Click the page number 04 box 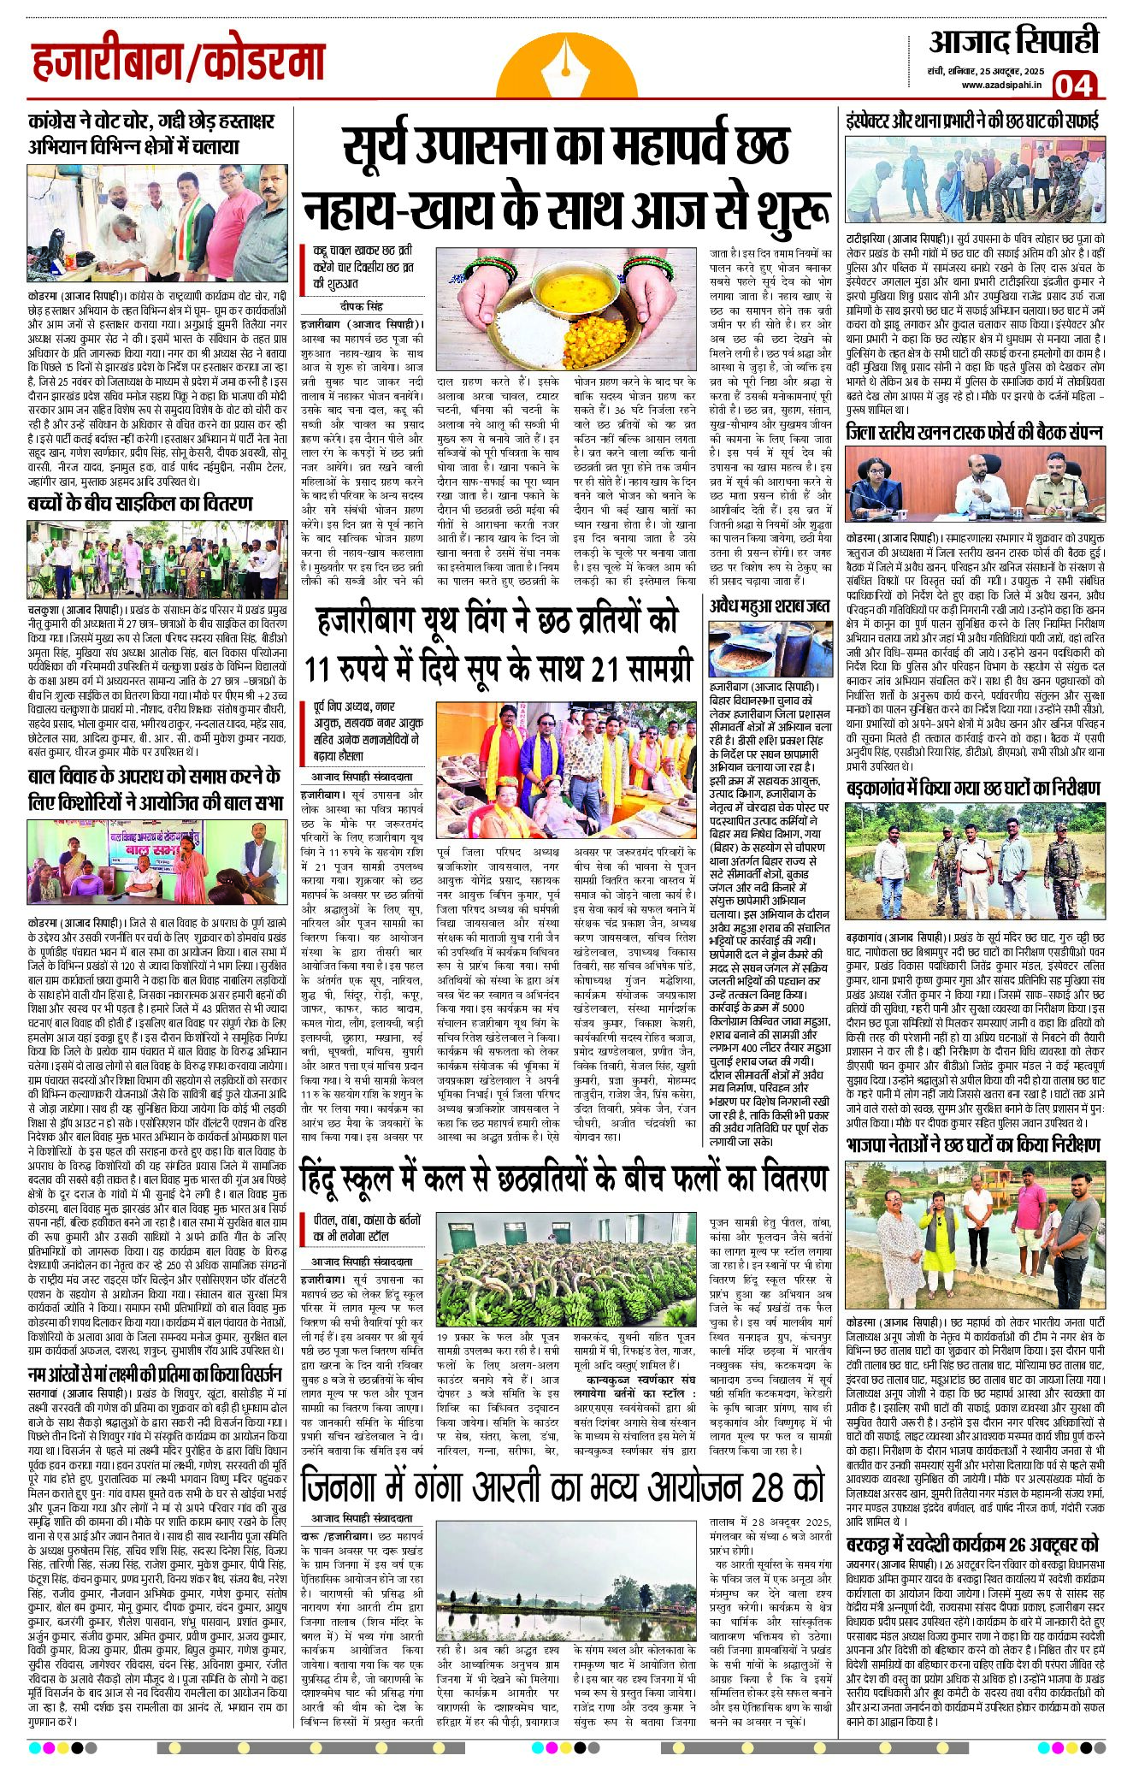[1072, 85]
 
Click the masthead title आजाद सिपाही [1013, 43]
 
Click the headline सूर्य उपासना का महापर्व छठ [565, 145]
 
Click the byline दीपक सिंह [363, 306]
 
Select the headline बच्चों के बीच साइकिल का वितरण [139, 503]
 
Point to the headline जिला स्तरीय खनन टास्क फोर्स [974, 432]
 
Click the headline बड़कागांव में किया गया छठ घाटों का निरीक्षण [973, 788]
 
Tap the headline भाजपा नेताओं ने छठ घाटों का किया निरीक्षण [973, 1144]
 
